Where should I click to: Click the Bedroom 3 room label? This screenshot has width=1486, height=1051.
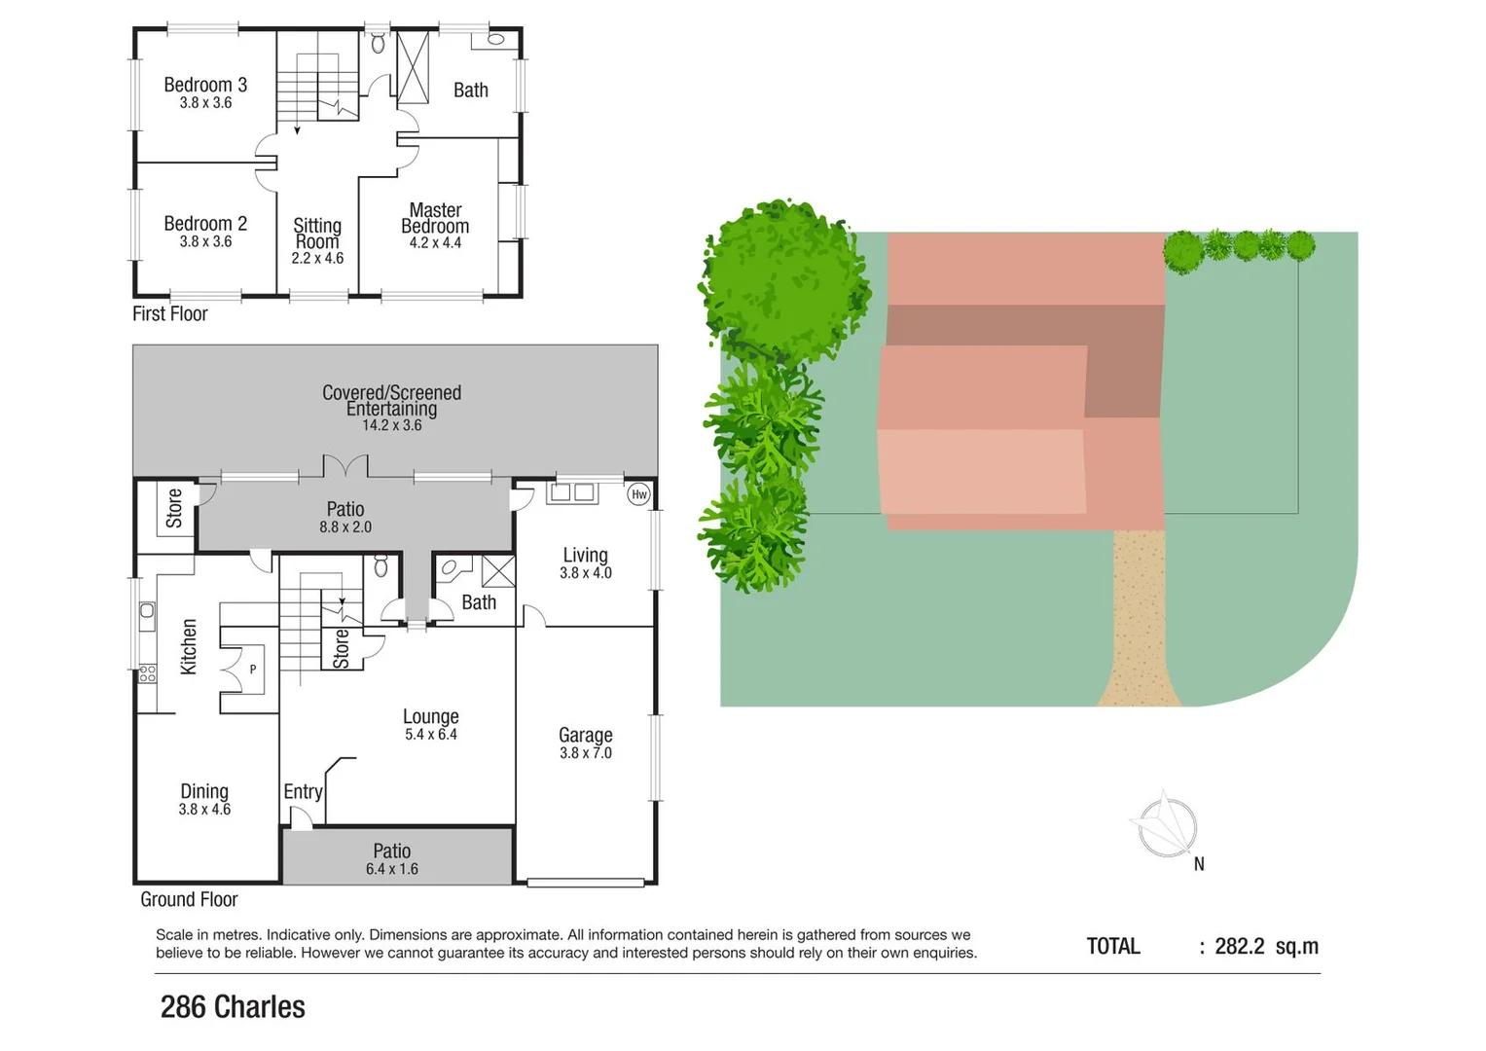[205, 85]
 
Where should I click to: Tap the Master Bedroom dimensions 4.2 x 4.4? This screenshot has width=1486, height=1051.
[435, 243]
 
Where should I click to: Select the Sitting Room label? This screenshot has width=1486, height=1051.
[317, 234]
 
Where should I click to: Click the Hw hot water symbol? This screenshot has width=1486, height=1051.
[639, 494]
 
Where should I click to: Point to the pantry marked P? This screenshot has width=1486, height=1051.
[252, 670]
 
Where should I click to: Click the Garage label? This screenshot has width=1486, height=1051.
[585, 735]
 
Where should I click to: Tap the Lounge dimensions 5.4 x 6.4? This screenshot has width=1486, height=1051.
[430, 735]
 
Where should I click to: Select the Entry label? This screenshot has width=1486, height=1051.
[303, 792]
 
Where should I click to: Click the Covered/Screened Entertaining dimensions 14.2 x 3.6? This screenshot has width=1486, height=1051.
[391, 425]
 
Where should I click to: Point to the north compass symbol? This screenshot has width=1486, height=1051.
[1167, 828]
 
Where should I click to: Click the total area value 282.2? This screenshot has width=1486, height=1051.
[1239, 946]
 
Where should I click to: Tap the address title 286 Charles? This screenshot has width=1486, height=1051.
[233, 1007]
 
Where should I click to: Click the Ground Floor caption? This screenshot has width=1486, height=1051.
[189, 899]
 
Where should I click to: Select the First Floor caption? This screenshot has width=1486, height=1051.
[170, 313]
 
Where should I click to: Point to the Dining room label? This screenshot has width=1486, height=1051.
[204, 791]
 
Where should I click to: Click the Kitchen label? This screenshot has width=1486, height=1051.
[189, 647]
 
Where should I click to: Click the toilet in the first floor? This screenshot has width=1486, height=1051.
[379, 44]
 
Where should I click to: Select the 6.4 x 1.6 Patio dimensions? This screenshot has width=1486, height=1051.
[391, 869]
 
